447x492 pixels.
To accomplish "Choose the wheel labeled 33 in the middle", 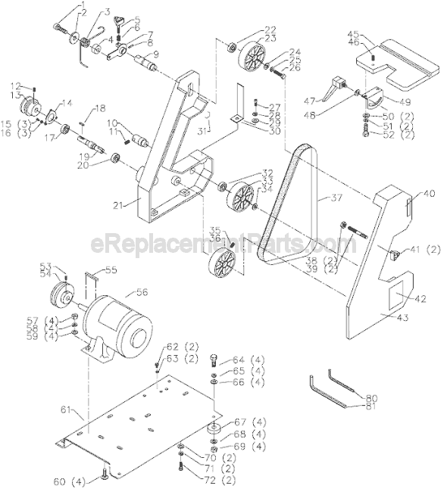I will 243,200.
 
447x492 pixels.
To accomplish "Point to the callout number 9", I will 155,54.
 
